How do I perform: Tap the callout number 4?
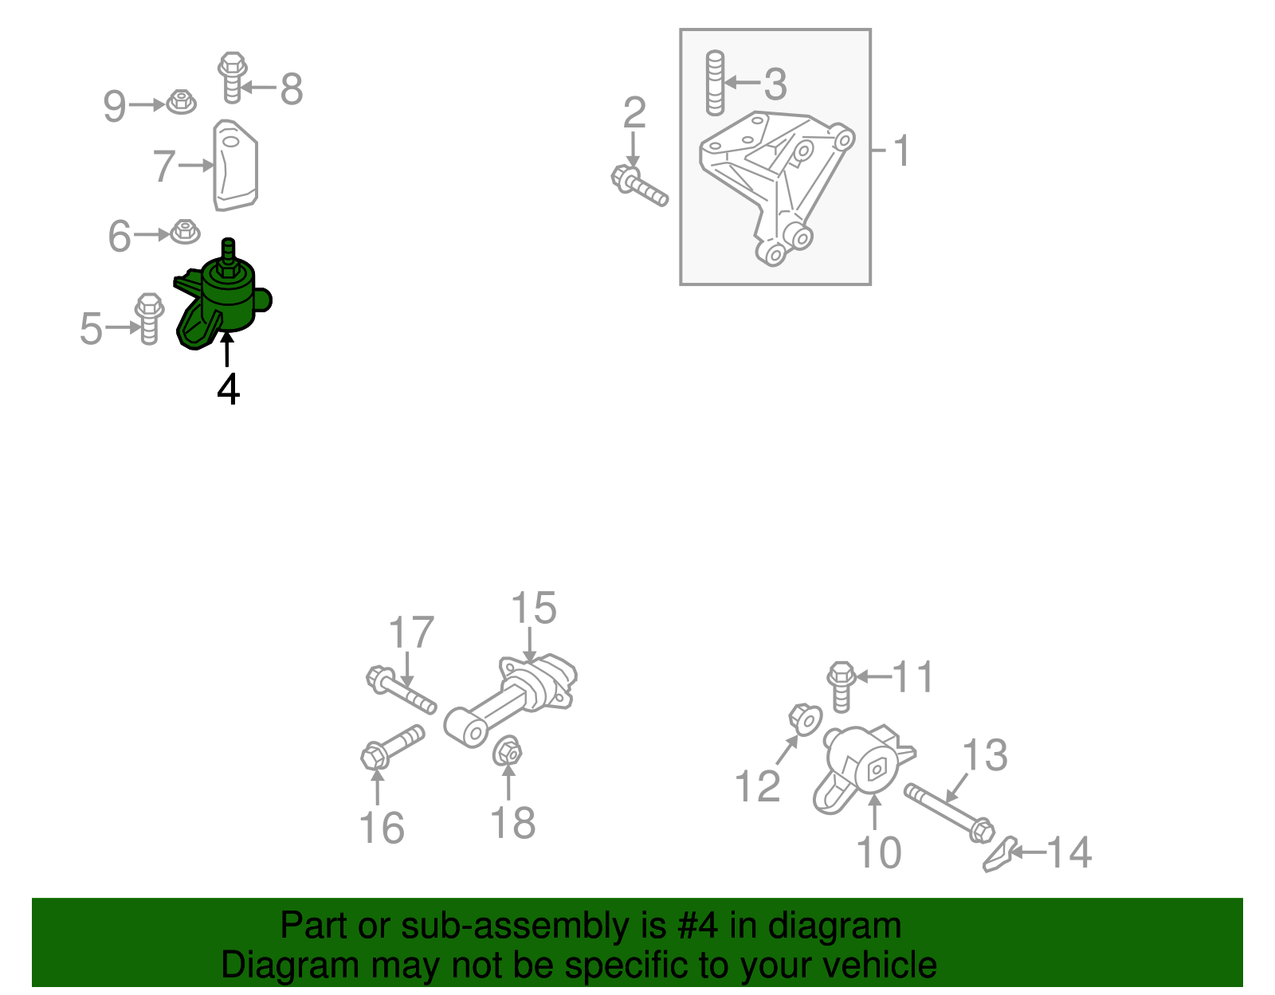point(228,389)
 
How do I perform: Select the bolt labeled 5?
point(149,319)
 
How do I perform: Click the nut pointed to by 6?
point(185,232)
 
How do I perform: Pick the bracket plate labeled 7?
point(235,166)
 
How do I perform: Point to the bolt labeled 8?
point(233,78)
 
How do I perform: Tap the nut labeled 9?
point(182,102)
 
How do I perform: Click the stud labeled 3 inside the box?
point(716,83)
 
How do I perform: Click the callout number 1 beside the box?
point(901,151)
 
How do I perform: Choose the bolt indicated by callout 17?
point(402,690)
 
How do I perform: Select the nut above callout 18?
point(507,751)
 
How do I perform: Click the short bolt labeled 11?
point(841,687)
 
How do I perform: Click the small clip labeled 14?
point(1000,854)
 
